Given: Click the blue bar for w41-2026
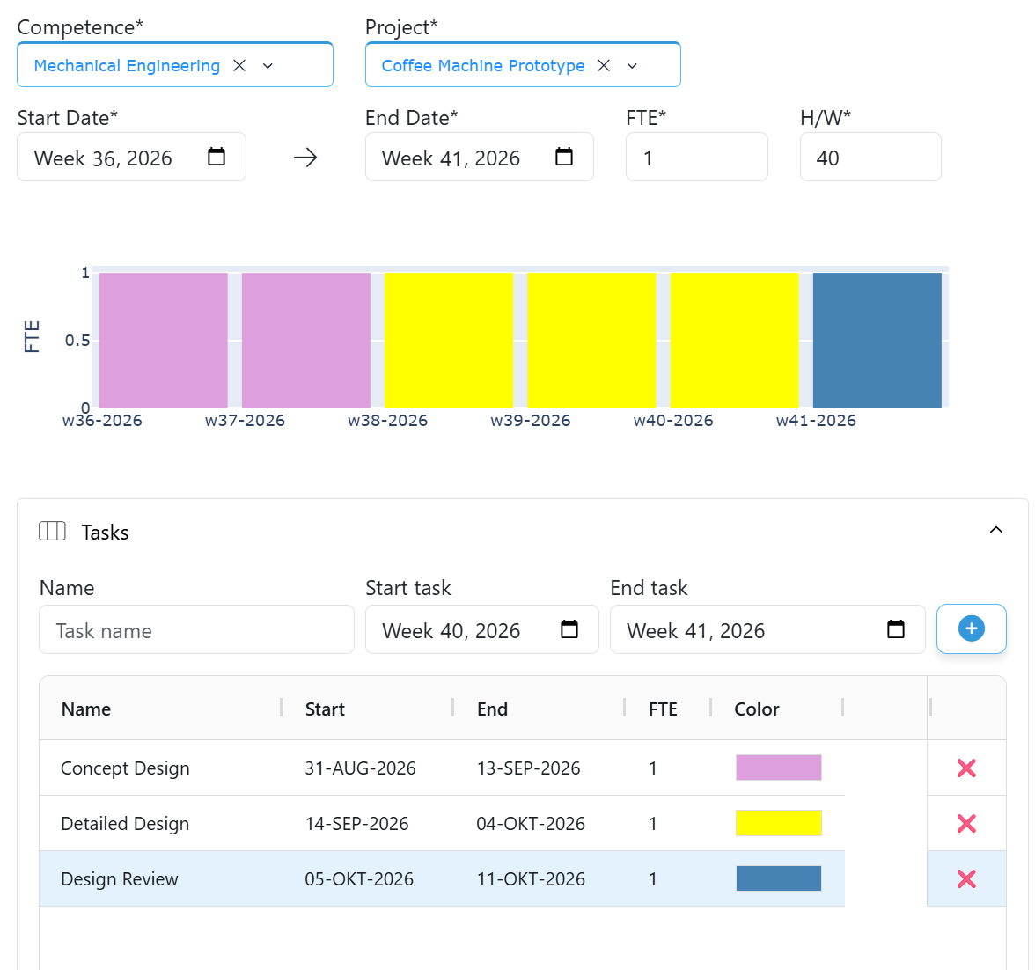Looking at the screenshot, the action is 877,340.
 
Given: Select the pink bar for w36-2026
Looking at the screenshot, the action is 163,340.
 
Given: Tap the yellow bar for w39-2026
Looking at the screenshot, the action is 591,340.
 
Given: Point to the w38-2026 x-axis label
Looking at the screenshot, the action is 387,421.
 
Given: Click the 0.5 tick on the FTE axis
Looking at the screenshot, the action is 77,341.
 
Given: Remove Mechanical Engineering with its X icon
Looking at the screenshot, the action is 239,65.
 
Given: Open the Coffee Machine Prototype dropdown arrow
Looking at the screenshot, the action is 632,65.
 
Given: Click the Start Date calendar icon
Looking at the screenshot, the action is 217,157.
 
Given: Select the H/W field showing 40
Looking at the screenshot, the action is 870,158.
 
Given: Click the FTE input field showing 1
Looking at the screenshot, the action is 696,158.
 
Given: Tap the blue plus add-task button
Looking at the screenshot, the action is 971,628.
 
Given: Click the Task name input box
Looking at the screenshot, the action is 197,630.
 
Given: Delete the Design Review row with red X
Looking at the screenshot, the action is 966,878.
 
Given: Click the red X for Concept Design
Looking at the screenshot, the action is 966,768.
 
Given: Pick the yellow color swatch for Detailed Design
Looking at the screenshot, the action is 779,823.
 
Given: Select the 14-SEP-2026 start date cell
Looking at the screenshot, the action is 356,823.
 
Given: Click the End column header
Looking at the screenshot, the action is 493,709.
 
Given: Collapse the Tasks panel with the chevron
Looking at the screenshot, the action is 996,530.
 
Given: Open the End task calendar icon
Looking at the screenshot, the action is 896,628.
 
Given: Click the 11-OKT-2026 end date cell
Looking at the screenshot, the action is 531,878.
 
